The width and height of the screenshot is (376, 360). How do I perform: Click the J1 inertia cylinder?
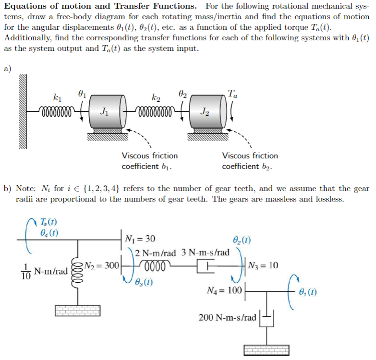pyautogui.click(x=107, y=112)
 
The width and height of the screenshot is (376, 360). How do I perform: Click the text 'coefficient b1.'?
pyautogui.click(x=146, y=167)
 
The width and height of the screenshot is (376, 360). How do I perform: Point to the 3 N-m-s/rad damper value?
pyautogui.click(x=206, y=252)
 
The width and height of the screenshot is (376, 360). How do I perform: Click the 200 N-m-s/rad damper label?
pyautogui.click(x=228, y=318)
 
